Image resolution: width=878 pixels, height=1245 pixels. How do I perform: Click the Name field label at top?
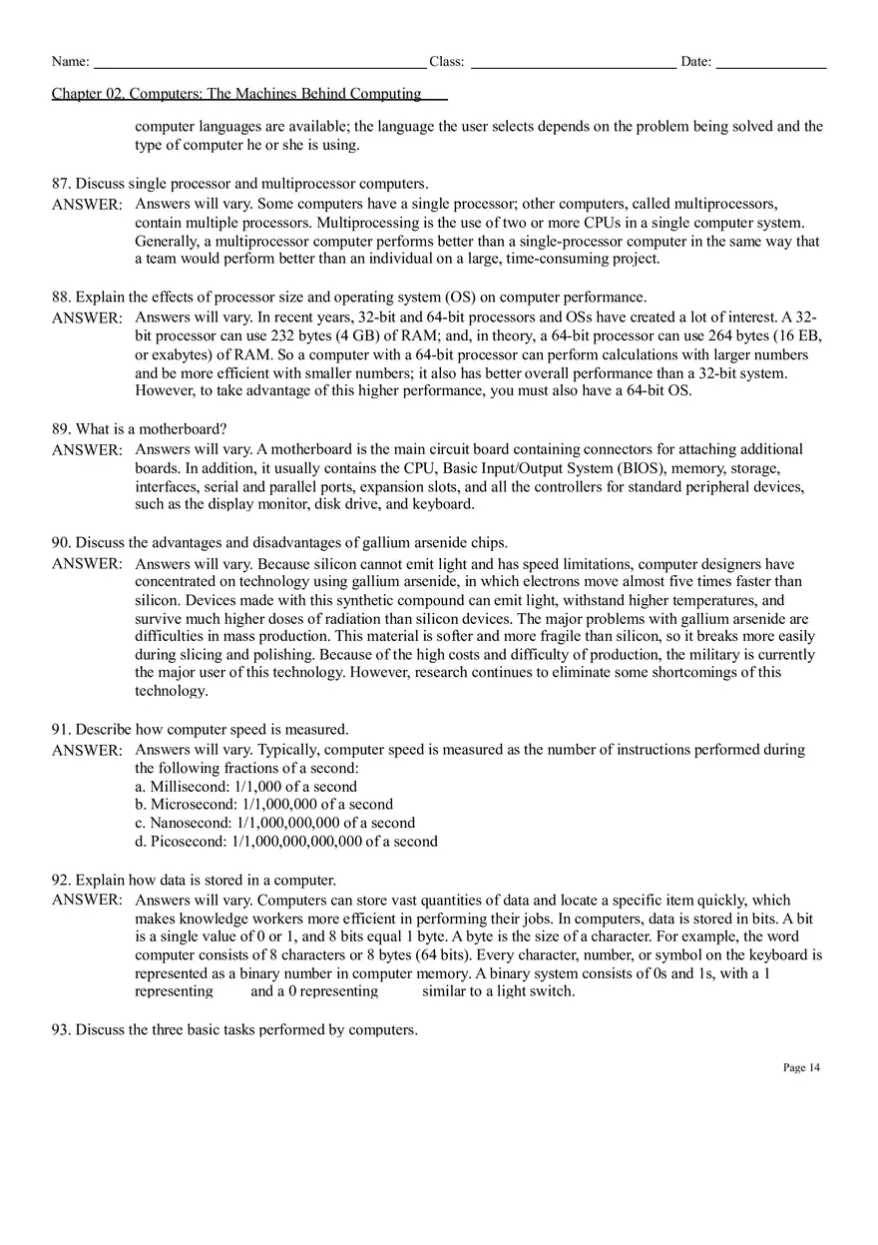[x=70, y=62]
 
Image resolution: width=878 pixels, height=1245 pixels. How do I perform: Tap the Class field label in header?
[x=446, y=62]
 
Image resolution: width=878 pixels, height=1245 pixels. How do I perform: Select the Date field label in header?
[x=695, y=62]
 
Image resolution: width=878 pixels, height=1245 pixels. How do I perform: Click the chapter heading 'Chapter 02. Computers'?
[x=236, y=94]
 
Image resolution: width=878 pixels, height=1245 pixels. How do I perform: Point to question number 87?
[x=61, y=184]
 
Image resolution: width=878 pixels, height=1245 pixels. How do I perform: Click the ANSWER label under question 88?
[x=87, y=317]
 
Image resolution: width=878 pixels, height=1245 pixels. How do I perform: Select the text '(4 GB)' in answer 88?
[x=368, y=336]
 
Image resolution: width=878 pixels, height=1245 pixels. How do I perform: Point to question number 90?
[x=61, y=543]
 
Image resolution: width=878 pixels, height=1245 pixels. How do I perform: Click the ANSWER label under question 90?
[x=87, y=563]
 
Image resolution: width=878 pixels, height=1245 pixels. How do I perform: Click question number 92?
[x=61, y=881]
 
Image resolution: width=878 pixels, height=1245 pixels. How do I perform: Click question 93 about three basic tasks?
[x=234, y=1029]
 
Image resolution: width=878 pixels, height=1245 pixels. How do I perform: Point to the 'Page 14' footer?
[x=801, y=1067]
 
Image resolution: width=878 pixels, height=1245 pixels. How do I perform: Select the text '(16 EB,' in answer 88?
[x=790, y=336]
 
